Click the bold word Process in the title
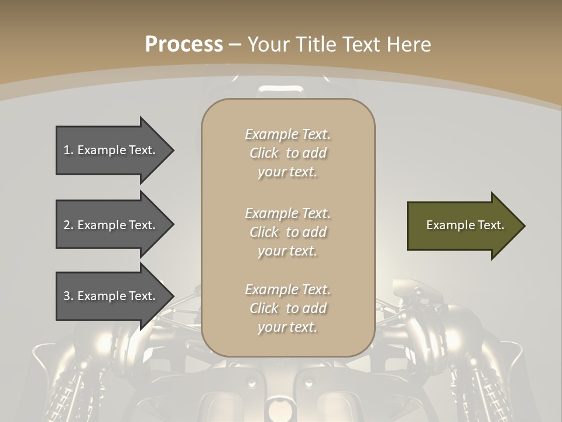184,45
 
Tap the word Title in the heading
314,45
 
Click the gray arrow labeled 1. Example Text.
111,150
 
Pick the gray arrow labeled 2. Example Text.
111,225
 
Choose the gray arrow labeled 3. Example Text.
111,296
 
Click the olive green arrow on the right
462,226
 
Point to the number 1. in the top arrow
68,150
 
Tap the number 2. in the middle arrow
68,225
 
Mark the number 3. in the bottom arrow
68,296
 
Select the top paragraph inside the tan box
287,153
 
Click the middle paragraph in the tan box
287,232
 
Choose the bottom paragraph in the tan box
287,308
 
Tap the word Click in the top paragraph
264,154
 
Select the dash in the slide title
235,45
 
